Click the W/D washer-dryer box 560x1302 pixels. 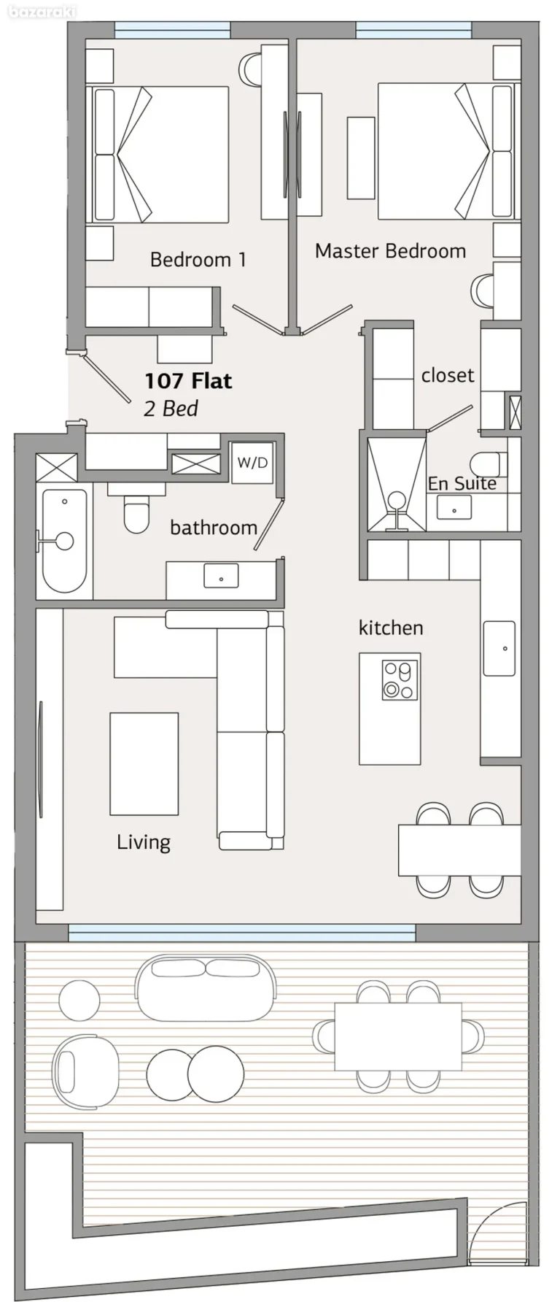click(x=252, y=463)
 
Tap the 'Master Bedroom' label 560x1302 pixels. click(x=390, y=251)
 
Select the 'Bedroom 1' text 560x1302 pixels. click(x=198, y=259)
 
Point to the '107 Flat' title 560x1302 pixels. click(x=188, y=381)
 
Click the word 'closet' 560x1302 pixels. click(x=448, y=375)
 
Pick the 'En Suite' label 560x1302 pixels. click(x=462, y=483)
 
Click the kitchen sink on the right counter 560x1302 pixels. click(x=499, y=648)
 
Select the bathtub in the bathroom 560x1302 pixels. click(x=65, y=540)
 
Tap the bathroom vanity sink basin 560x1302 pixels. click(x=221, y=577)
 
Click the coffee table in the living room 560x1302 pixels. click(x=144, y=763)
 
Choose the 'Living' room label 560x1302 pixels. click(x=144, y=842)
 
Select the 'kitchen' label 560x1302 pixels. click(x=391, y=628)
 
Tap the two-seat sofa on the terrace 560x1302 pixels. click(x=206, y=988)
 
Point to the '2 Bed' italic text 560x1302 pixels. click(x=171, y=408)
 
